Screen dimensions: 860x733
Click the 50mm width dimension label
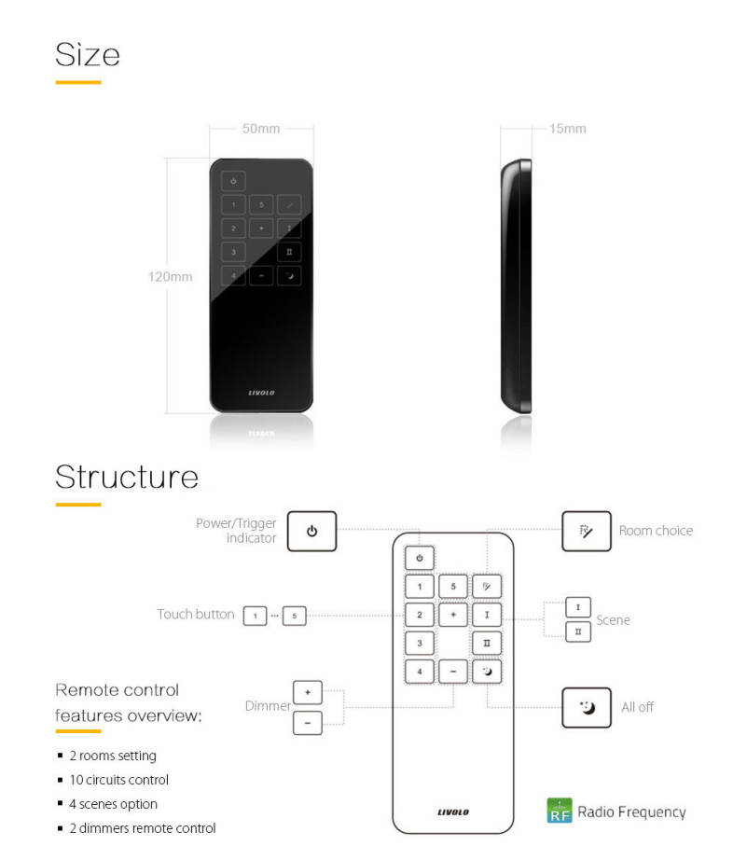pyautogui.click(x=261, y=129)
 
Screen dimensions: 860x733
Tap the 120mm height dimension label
pyautogui.click(x=170, y=276)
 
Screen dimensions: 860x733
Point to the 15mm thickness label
pyautogui.click(x=567, y=129)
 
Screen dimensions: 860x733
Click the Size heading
pyautogui.click(x=88, y=54)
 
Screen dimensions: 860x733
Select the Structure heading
pyautogui.click(x=127, y=477)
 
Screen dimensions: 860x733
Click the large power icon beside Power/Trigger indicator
pyautogui.click(x=311, y=531)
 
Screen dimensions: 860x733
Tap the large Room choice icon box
pyautogui.click(x=586, y=531)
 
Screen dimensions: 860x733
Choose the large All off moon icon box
pyautogui.click(x=586, y=707)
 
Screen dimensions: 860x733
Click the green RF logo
pyautogui.click(x=559, y=811)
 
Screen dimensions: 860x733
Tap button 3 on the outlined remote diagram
pyautogui.click(x=420, y=643)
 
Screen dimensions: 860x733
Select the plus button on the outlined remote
pyautogui.click(x=452, y=616)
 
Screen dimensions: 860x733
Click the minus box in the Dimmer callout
pyautogui.click(x=307, y=722)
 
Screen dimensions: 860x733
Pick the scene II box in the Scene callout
pyautogui.click(x=578, y=631)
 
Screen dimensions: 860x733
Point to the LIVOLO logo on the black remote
pyautogui.click(x=261, y=393)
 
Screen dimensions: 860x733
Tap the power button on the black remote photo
pyautogui.click(x=233, y=181)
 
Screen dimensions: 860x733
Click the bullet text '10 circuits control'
pyautogui.click(x=118, y=780)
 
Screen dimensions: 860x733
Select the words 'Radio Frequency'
pyautogui.click(x=631, y=811)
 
